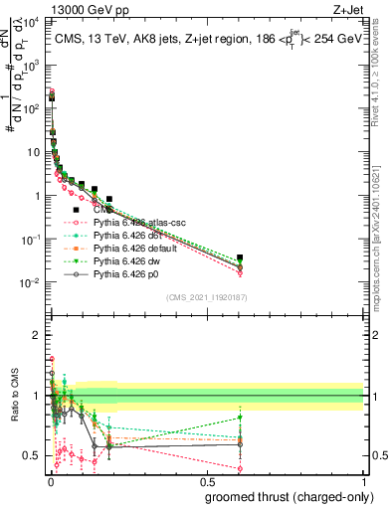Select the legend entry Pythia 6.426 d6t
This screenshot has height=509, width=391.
coord(127,237)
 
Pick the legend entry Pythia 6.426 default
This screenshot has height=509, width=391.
coord(134,249)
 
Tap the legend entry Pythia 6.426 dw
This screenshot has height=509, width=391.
coord(126,260)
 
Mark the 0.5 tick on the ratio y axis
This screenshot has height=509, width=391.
coord(33,455)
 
